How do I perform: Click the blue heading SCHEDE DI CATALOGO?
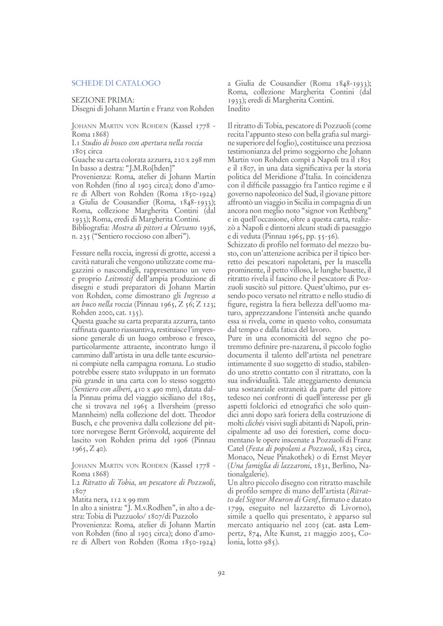click(116, 83)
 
